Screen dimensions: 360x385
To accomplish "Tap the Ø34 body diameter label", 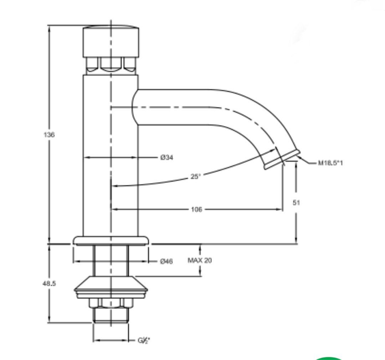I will click(x=166, y=157).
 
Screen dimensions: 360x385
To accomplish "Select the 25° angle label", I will click(x=195, y=176).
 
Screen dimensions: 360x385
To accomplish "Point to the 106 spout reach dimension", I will click(x=196, y=210).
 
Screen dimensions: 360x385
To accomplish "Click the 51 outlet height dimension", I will click(x=296, y=202).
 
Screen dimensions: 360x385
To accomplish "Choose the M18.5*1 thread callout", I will click(x=330, y=163).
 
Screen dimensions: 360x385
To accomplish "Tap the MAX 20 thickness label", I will click(x=200, y=261).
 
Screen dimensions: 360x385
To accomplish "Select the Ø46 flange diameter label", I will click(x=166, y=262).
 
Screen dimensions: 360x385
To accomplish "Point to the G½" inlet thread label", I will click(x=144, y=340).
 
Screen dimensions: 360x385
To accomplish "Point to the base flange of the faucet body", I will click(x=111, y=240).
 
